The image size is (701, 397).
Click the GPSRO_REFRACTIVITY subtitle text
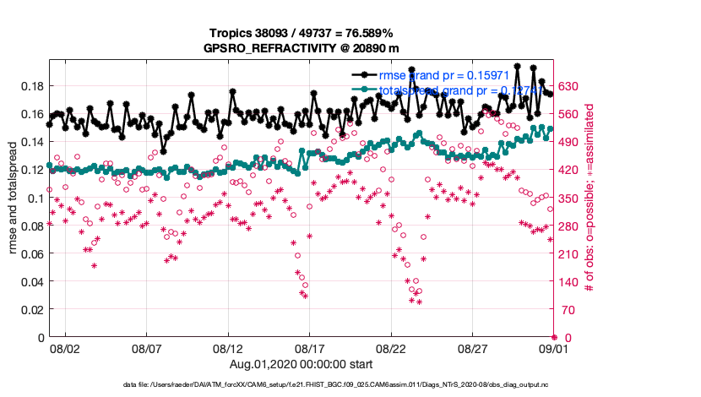[301, 49]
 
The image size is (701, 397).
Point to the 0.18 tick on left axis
[31, 86]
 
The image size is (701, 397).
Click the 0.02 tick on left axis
[31, 309]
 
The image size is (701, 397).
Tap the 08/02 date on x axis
[65, 348]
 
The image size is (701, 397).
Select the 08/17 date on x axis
[309, 348]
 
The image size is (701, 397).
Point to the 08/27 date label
[473, 348]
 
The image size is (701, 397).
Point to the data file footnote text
[350, 385]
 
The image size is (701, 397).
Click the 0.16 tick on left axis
[31, 114]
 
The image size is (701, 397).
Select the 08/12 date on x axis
[228, 348]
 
